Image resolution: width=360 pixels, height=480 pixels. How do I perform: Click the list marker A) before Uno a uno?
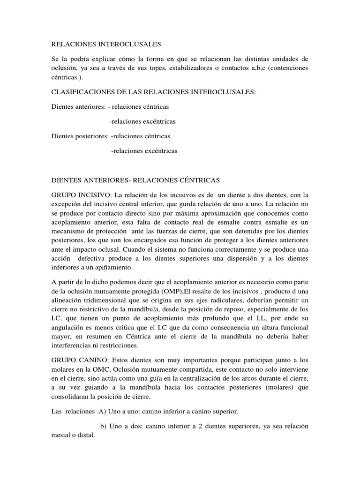(x=102, y=411)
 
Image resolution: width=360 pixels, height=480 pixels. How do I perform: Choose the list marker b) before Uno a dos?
(x=105, y=426)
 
